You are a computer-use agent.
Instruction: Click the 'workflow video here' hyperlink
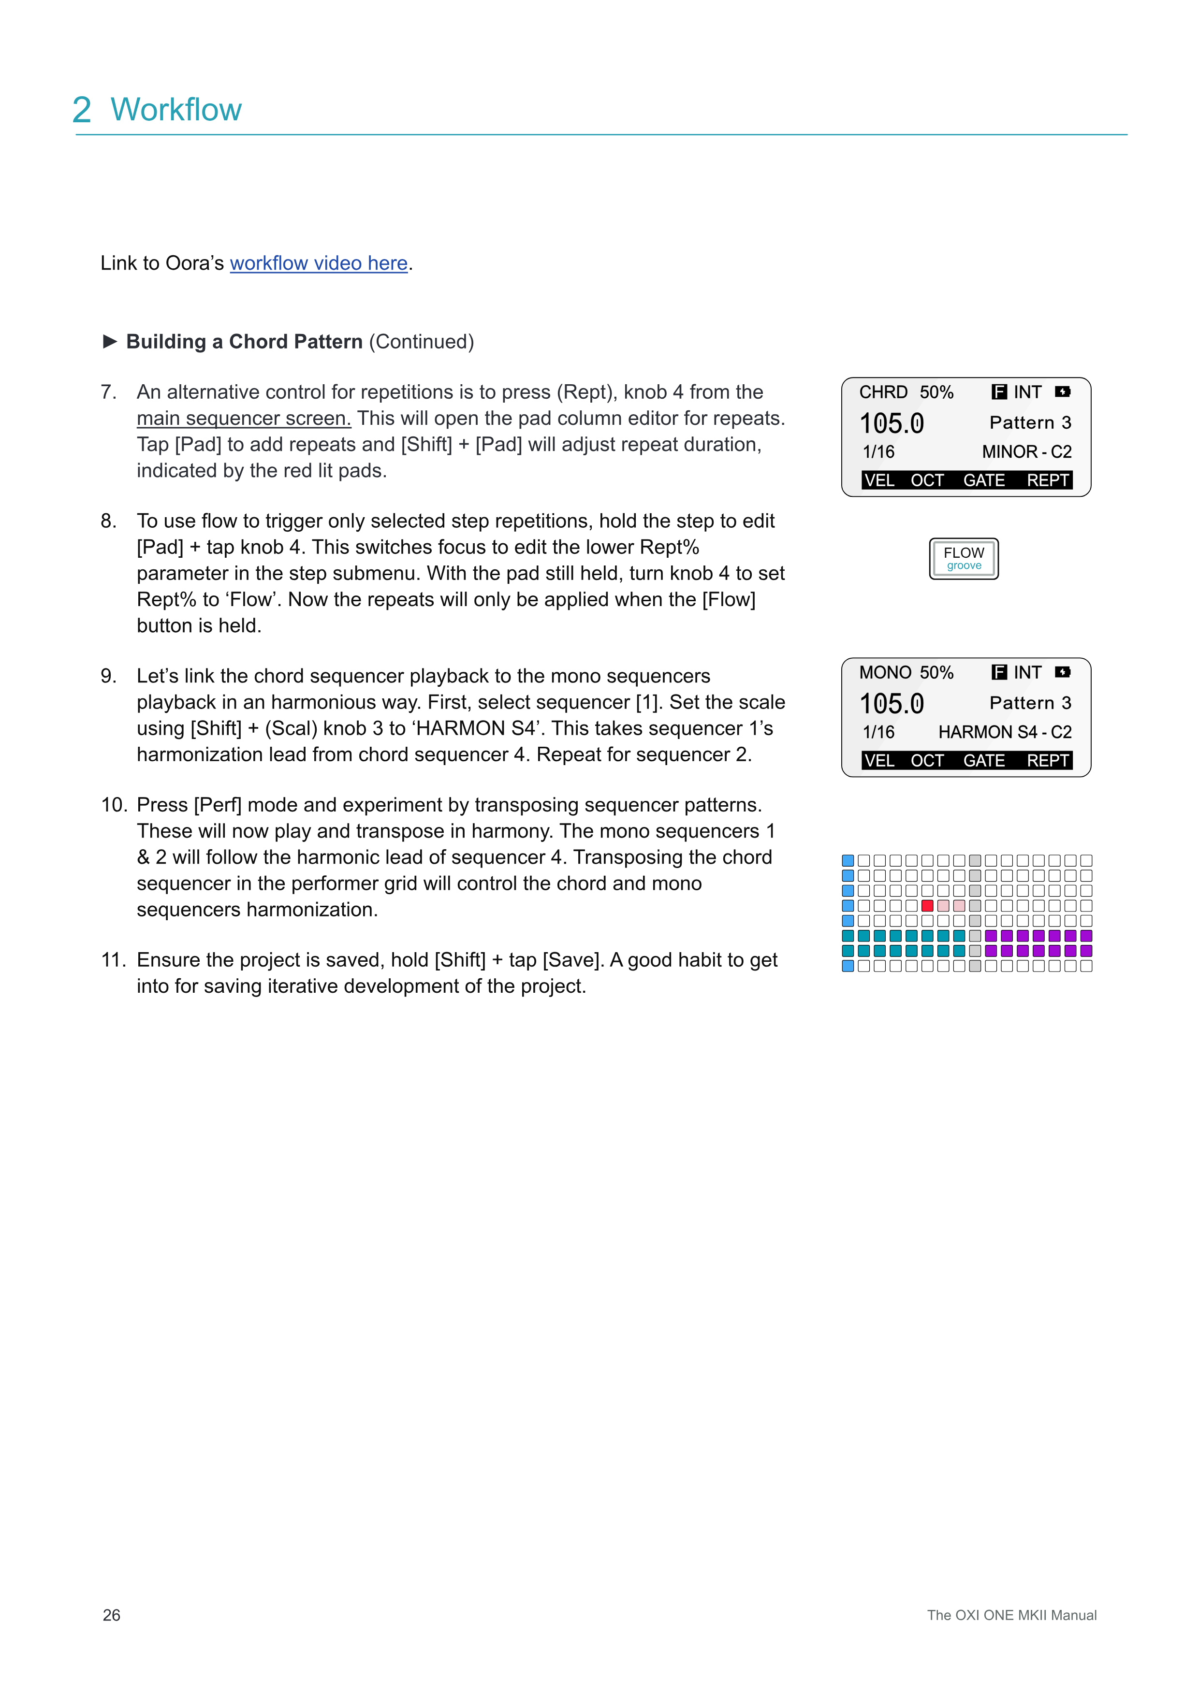[x=319, y=263]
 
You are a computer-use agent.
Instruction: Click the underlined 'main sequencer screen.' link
[x=244, y=419]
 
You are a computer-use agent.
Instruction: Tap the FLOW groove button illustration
[x=964, y=559]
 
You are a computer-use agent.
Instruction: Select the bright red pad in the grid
[x=927, y=906]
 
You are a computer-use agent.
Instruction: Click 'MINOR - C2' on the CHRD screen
[x=1026, y=452]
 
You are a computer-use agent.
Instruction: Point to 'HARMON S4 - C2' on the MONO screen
[x=1004, y=732]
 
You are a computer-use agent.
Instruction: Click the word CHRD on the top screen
[x=883, y=392]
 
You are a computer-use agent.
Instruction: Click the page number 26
[x=112, y=1615]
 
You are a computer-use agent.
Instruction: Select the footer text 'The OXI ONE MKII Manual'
[x=1011, y=1615]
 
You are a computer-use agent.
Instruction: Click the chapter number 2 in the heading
[x=82, y=110]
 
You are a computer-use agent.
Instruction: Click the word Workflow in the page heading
[x=176, y=110]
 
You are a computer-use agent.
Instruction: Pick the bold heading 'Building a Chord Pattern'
[x=244, y=342]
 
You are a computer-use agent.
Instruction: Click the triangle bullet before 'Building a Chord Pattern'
[x=110, y=341]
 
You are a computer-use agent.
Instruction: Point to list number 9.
[x=108, y=676]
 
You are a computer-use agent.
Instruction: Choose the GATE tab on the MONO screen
[x=983, y=761]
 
